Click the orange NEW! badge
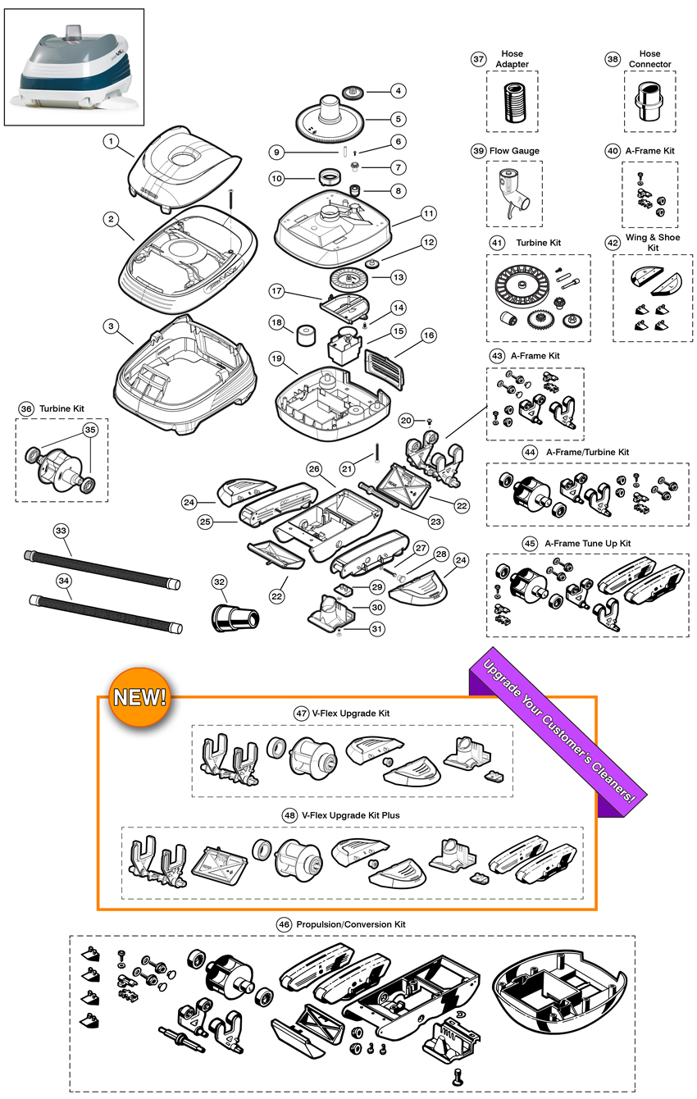[139, 698]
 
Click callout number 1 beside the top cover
[112, 142]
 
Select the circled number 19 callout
[276, 358]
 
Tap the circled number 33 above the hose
[61, 531]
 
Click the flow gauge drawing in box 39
[513, 194]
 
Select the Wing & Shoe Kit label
[652, 243]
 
